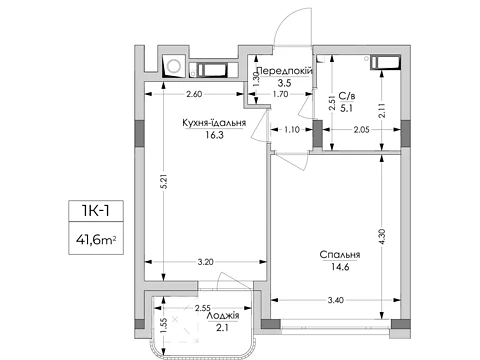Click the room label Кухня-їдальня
pyautogui.click(x=214, y=123)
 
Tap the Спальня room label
pyautogui.click(x=340, y=255)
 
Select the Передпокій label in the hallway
pyautogui.click(x=285, y=71)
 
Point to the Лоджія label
pyautogui.click(x=223, y=316)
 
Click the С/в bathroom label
pyautogui.click(x=347, y=96)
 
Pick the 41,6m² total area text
pyautogui.click(x=96, y=239)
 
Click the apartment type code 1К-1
pyautogui.click(x=96, y=211)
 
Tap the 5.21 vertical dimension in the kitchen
pyautogui.click(x=164, y=182)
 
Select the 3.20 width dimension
pyautogui.click(x=205, y=262)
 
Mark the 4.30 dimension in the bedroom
pyautogui.click(x=382, y=237)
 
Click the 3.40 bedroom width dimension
pyautogui.click(x=335, y=300)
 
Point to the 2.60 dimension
pyautogui.click(x=194, y=94)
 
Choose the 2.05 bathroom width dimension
pyautogui.click(x=361, y=130)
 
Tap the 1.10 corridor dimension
pyautogui.click(x=292, y=129)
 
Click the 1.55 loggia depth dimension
pyautogui.click(x=163, y=325)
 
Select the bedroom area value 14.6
pyautogui.click(x=340, y=267)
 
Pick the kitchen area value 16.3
pyautogui.click(x=214, y=135)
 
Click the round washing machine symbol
pyautogui.click(x=174, y=65)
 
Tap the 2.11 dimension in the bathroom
pyautogui.click(x=382, y=110)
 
